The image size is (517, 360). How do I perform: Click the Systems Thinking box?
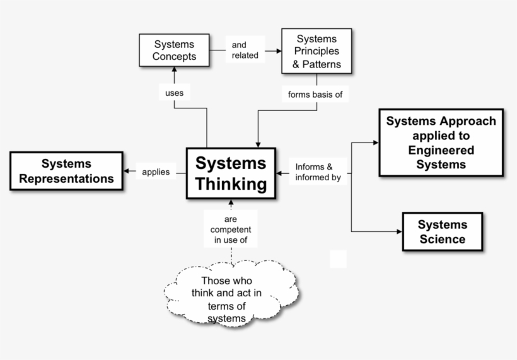point(231,174)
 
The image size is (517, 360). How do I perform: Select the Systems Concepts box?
point(174,50)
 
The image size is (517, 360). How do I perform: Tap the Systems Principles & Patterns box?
point(317,51)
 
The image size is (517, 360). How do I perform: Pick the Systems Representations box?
point(66,171)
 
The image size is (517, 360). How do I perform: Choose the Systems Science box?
point(442,231)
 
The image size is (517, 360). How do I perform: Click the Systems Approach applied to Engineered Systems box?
point(441,142)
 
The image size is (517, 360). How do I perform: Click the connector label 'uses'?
point(174,93)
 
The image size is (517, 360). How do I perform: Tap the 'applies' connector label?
point(156,171)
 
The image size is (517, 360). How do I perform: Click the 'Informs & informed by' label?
point(318,171)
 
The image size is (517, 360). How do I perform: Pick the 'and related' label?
point(245,50)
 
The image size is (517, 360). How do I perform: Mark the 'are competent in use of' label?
point(231,229)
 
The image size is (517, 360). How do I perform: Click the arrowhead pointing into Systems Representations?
point(127,171)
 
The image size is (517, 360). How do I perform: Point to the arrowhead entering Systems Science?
point(398,231)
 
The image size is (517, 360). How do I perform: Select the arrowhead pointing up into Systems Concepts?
point(174,70)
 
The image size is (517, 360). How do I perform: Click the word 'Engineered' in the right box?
point(441,150)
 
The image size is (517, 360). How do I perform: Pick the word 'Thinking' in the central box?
point(231,184)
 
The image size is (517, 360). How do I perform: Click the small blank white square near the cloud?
point(338,258)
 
